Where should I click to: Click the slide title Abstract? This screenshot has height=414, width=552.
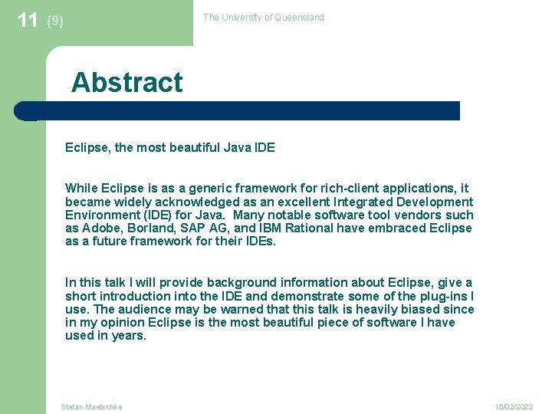[127, 83]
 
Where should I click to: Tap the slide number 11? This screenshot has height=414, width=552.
[28, 20]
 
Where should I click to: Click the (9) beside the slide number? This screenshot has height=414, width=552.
[55, 21]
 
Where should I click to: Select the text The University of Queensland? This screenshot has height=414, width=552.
[263, 18]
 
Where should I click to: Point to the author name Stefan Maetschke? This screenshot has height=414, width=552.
[91, 406]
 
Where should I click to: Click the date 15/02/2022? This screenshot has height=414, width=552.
[513, 406]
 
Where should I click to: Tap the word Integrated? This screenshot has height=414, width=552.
[361, 202]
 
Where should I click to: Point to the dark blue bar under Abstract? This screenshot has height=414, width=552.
[238, 110]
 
